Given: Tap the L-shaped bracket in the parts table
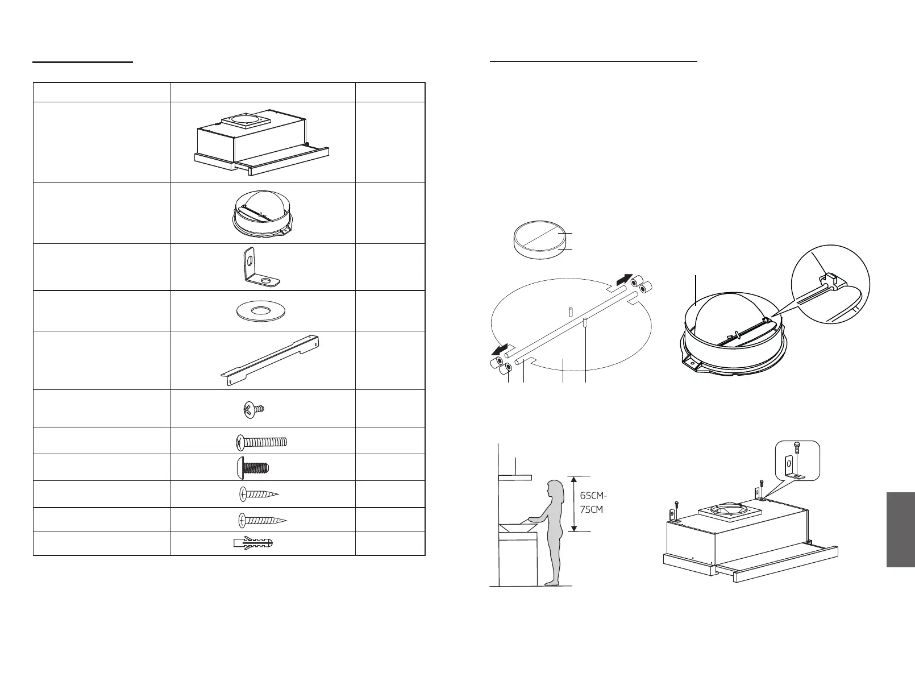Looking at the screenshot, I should click(258, 267).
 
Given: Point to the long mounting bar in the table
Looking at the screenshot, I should click(271, 360).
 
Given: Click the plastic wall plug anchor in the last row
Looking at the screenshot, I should click(253, 543).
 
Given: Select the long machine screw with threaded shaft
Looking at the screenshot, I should click(261, 441).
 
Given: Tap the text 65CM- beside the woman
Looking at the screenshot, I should click(593, 495).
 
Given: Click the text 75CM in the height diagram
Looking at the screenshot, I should click(591, 509).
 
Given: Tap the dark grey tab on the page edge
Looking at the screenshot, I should click(900, 529).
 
